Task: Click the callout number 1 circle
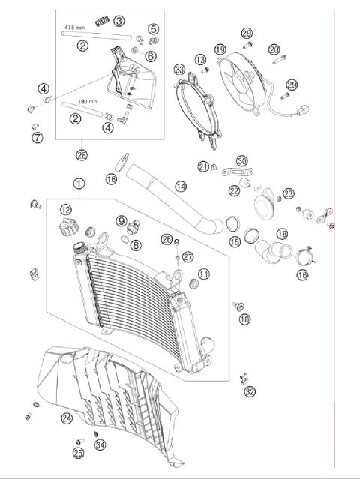tap(79, 183)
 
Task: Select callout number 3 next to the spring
tap(119, 20)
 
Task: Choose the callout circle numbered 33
tap(178, 70)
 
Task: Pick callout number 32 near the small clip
tap(250, 391)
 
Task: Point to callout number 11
tap(204, 274)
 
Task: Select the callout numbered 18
tap(282, 234)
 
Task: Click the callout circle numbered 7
tap(36, 137)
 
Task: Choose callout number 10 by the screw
tap(244, 319)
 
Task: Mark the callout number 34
tap(100, 445)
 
